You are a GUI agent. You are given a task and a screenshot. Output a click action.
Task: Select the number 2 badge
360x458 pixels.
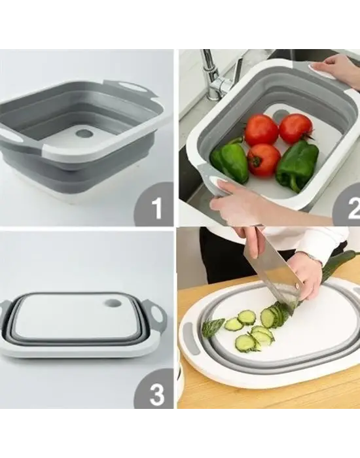coord(348,207)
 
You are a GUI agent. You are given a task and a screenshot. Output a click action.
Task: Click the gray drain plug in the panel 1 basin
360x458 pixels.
coord(84,134)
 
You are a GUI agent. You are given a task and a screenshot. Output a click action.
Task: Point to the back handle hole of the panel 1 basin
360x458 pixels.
coord(131,87)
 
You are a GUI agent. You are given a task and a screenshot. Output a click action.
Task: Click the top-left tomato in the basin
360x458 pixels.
coord(261,130)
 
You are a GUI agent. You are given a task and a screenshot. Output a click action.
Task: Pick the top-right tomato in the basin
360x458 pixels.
coord(296,129)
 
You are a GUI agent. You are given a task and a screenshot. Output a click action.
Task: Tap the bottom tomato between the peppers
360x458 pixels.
coord(264,160)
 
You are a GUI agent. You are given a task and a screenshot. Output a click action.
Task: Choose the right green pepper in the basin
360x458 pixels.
coord(297,166)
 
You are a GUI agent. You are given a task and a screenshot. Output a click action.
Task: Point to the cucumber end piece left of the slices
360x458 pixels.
coord(213,326)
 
